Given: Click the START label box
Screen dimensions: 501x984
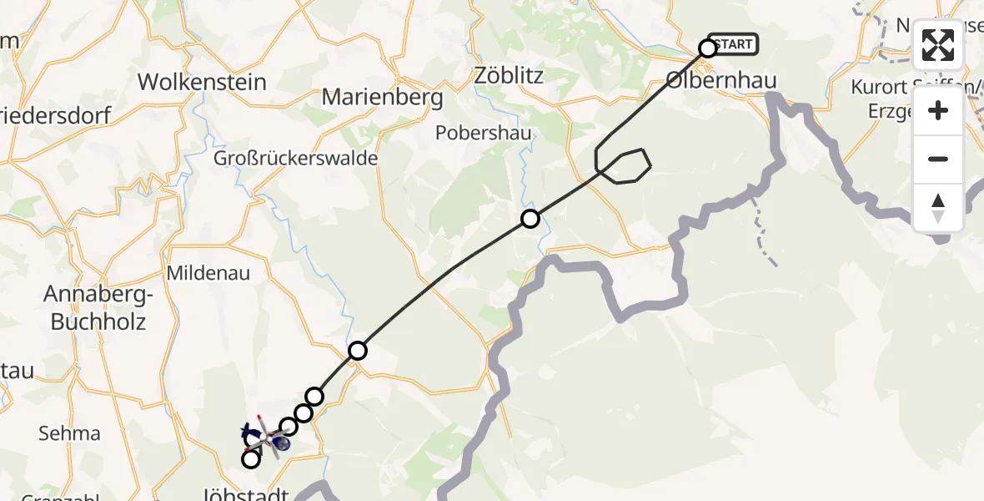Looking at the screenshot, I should pyautogui.click(x=733, y=44).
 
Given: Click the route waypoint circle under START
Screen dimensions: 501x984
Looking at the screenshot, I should pyautogui.click(x=707, y=48).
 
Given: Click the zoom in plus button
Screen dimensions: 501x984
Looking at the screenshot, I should pyautogui.click(x=938, y=111).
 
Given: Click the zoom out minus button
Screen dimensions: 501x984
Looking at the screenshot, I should pyautogui.click(x=938, y=159).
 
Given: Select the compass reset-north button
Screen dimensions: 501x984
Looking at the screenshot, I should pyautogui.click(x=938, y=207).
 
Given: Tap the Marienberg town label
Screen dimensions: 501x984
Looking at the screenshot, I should pyautogui.click(x=382, y=97).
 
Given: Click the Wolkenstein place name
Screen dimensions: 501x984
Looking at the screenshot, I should pyautogui.click(x=202, y=82).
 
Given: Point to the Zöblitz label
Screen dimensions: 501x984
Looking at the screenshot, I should pyautogui.click(x=509, y=76).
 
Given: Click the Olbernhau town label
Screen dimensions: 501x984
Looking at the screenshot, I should pyautogui.click(x=721, y=81).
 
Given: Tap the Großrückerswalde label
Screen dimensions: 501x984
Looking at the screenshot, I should pyautogui.click(x=296, y=158).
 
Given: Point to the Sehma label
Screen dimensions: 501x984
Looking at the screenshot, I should pyautogui.click(x=69, y=433).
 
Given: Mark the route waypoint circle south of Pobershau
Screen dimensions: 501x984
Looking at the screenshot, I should pyautogui.click(x=530, y=220).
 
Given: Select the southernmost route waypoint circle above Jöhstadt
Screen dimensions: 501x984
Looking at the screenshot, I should pyautogui.click(x=250, y=458).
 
